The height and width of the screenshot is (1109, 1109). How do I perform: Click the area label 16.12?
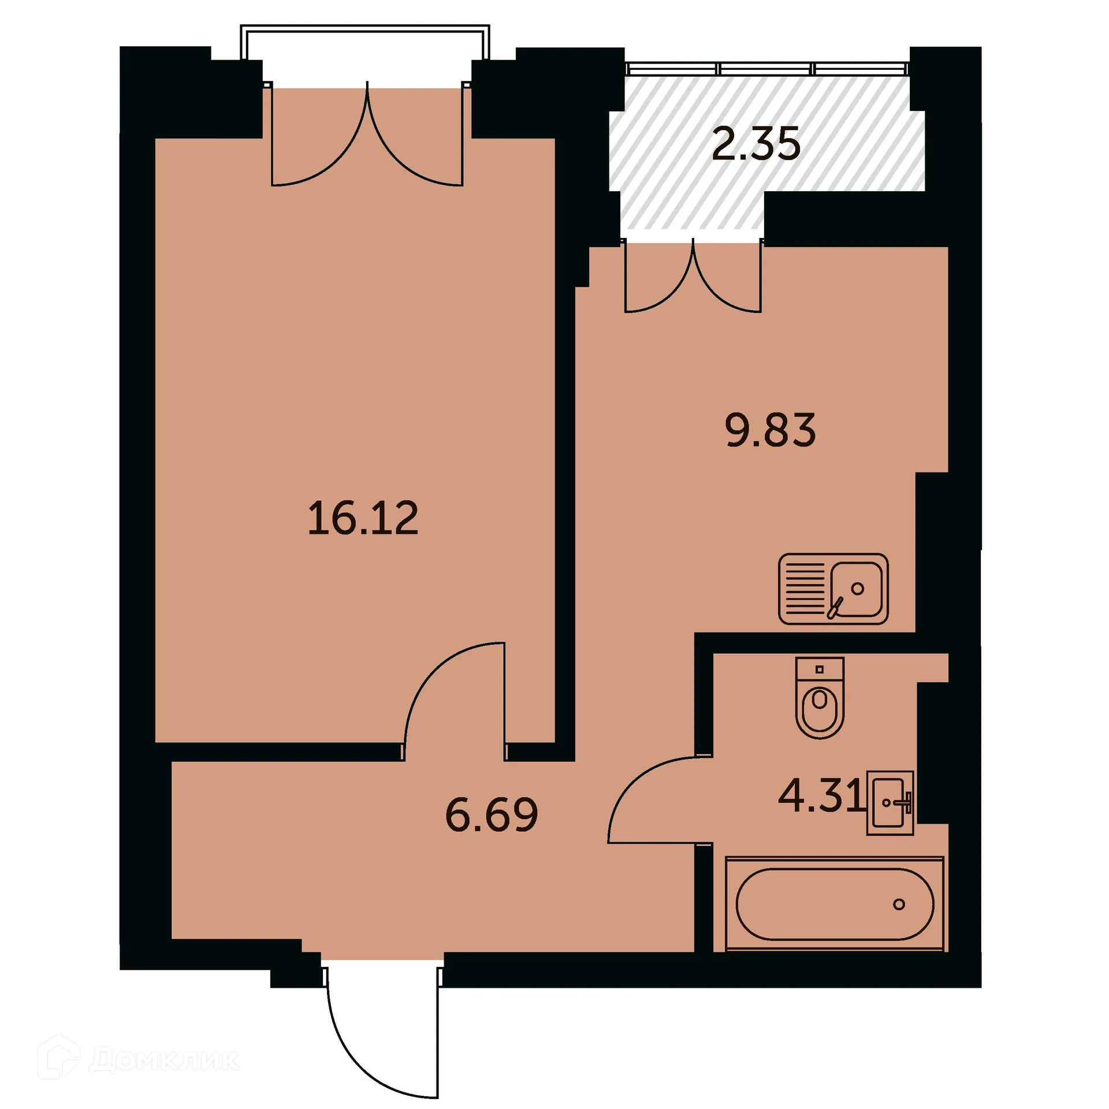pos(363,519)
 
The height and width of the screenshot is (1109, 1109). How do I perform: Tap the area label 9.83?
pos(770,430)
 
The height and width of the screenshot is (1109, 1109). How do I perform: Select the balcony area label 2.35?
pos(756,144)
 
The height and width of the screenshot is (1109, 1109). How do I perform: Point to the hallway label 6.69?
pos(492,815)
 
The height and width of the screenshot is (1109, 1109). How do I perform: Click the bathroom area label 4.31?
pos(820,795)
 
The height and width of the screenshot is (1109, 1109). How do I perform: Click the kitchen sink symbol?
pos(833,589)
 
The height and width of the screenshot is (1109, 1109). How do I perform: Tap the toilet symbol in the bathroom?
pos(820,698)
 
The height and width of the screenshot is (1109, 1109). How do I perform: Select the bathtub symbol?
pos(834,904)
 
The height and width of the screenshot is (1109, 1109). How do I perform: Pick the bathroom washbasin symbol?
pos(890,802)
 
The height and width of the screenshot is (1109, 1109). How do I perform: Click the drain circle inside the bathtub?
pos(899,904)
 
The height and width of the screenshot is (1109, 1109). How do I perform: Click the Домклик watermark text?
pos(165,1059)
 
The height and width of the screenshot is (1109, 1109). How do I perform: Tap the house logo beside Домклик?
pos(58,1058)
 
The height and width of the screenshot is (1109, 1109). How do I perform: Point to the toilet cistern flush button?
pos(819,669)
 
